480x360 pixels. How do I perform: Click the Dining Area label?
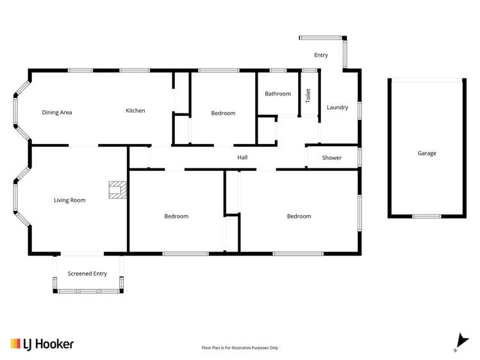point(57,113)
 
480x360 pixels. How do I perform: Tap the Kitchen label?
point(135,111)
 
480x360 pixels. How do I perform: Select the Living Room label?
point(69,200)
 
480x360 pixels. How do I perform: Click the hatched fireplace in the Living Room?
point(117,190)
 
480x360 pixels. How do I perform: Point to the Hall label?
point(242,158)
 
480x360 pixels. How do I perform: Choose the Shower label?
point(331,158)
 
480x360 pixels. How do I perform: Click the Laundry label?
point(337,108)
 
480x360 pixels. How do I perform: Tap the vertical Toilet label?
point(308,95)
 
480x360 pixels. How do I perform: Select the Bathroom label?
point(278,94)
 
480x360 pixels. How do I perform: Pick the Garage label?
point(427,153)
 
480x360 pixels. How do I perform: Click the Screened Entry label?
point(87,274)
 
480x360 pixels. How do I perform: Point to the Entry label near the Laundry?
point(321,55)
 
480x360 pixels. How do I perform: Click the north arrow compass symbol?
point(461,342)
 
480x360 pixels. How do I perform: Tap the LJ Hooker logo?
point(42,344)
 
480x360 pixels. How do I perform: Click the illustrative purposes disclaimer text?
point(240,348)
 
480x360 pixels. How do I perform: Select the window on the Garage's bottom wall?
point(426,217)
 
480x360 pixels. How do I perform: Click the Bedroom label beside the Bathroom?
point(223,113)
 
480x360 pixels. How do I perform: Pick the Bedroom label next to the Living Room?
point(176,217)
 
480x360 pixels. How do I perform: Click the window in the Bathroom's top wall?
point(278,70)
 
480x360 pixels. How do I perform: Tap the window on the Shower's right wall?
point(360,157)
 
